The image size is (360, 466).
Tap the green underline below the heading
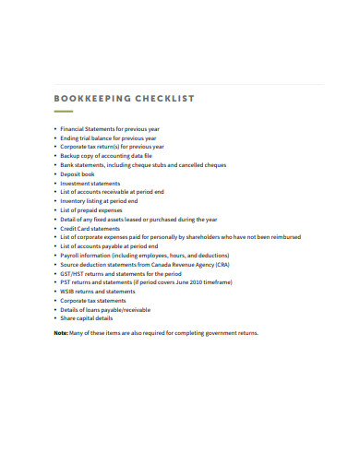click(x=64, y=112)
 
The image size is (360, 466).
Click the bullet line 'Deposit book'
click(x=78, y=174)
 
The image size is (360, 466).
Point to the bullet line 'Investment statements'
click(x=90, y=184)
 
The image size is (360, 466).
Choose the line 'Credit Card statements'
click(x=91, y=229)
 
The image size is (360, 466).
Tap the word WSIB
click(x=67, y=292)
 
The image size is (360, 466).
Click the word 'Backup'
click(x=71, y=157)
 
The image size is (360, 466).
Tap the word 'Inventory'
click(x=75, y=201)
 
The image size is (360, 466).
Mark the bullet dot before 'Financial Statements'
click(x=55, y=130)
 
